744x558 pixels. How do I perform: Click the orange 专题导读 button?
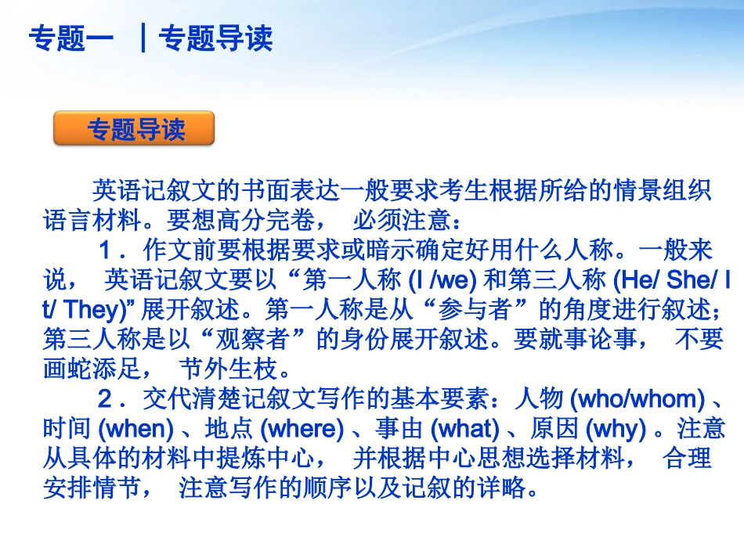pos(134,129)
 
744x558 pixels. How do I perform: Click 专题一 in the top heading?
pos(71,38)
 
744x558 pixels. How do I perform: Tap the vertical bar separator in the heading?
pos(143,38)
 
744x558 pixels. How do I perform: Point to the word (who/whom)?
pos(635,399)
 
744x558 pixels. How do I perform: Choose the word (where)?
pos(302,429)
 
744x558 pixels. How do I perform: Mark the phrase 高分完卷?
pos(266,220)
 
